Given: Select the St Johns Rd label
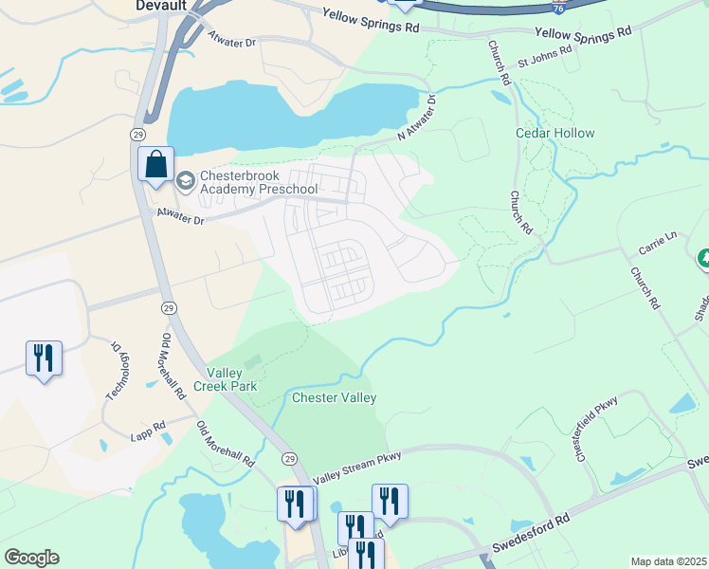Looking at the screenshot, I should (544, 57).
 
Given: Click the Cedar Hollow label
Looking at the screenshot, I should (554, 133).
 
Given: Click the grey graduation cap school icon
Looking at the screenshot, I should (186, 178).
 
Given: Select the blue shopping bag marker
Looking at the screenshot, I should (155, 165).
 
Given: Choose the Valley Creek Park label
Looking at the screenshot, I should (225, 379).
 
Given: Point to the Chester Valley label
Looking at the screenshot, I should (334, 397).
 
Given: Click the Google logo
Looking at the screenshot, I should (31, 558).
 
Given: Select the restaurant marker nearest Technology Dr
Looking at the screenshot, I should (44, 358).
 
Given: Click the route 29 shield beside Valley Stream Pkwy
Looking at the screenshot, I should (289, 458).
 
